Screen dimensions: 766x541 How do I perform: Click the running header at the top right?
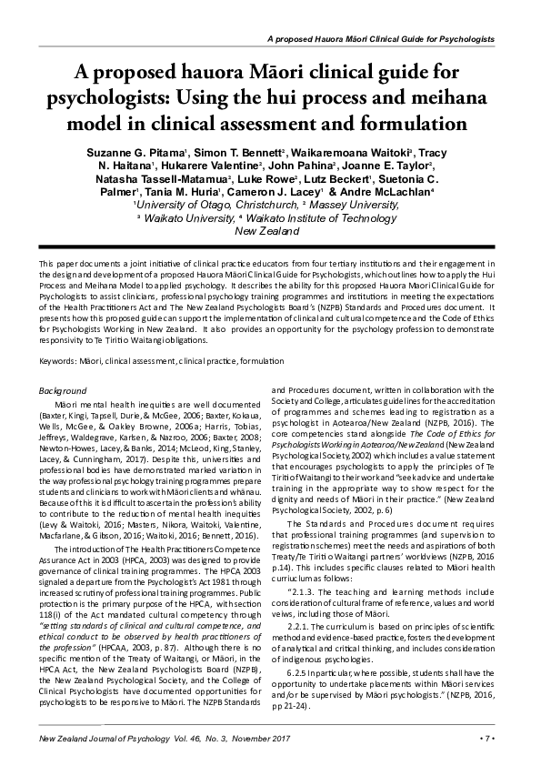click(381, 41)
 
